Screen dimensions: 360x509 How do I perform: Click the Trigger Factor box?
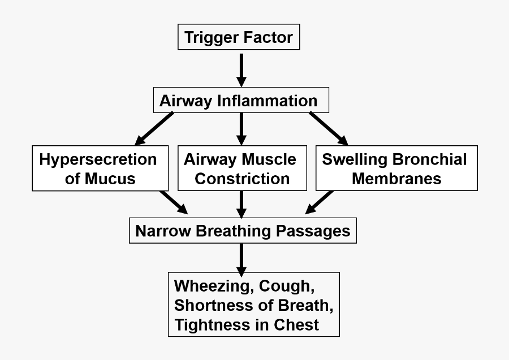point(239,38)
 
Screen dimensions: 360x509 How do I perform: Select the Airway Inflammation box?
point(241,101)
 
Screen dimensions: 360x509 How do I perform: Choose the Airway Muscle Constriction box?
point(242,169)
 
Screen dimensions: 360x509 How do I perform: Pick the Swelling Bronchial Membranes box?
point(396,169)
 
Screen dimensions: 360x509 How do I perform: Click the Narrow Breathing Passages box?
point(243,231)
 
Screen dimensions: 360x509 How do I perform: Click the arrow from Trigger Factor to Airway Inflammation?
point(241,70)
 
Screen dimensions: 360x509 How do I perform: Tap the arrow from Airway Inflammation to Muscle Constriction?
point(241,129)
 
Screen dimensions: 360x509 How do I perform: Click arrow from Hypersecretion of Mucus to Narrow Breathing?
point(174,202)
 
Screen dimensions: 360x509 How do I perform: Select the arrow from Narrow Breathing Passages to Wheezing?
point(241,258)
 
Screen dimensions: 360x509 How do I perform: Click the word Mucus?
point(110,179)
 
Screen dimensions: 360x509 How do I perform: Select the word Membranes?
point(396,179)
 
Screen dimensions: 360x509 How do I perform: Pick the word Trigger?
point(212,38)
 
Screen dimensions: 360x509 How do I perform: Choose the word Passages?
point(316,231)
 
